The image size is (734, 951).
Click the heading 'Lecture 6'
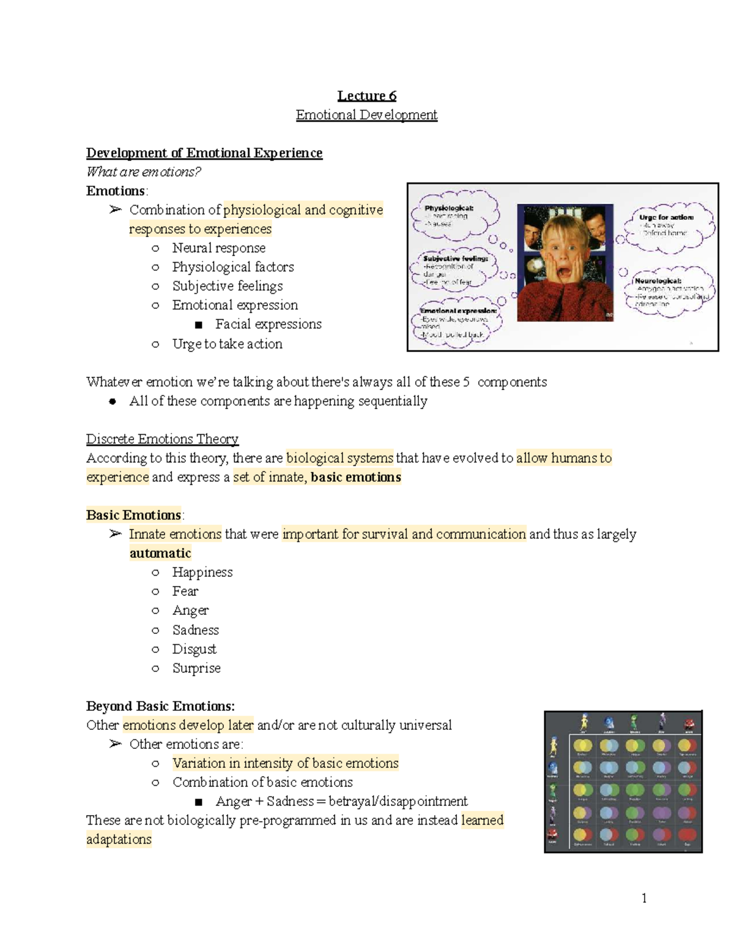tap(366, 96)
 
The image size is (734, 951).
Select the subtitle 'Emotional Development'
tap(366, 115)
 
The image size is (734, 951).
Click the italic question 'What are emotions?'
tap(144, 172)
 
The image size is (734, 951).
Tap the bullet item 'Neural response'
tap(218, 248)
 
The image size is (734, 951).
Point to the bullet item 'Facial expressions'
tap(268, 324)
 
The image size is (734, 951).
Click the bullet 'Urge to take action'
tap(227, 344)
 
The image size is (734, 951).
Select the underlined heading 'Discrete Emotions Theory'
tap(162, 439)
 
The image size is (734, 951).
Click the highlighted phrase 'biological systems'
tap(339, 458)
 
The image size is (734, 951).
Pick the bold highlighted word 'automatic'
tap(160, 554)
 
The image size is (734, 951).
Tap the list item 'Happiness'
tap(202, 573)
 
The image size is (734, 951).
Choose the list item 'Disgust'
tap(194, 649)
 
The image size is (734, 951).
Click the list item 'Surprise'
tap(196, 668)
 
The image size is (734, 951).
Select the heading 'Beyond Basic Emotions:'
tap(160, 706)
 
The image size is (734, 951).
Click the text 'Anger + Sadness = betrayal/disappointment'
tap(341, 802)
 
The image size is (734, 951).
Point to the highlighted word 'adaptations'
tap(119, 840)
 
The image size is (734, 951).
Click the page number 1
tap(644, 898)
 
